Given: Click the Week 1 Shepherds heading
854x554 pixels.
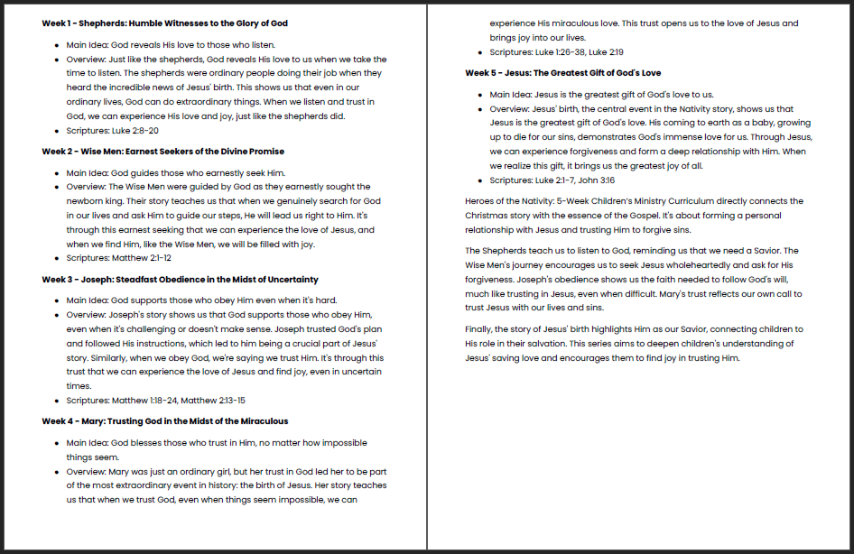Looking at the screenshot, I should (x=164, y=23).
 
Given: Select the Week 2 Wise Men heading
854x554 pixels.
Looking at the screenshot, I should (x=162, y=152).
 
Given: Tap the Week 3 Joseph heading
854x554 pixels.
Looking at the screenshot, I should (x=180, y=280).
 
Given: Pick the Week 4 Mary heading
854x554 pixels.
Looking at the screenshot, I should (x=164, y=421).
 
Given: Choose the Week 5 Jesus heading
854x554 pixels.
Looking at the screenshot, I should (x=562, y=73).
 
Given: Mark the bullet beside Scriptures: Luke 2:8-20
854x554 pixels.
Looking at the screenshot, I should (x=58, y=131).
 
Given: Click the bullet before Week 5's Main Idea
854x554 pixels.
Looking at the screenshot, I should (x=481, y=95).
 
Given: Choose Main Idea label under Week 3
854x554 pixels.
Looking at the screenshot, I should (x=87, y=301).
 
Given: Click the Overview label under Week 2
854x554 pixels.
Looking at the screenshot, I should (x=87, y=187).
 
